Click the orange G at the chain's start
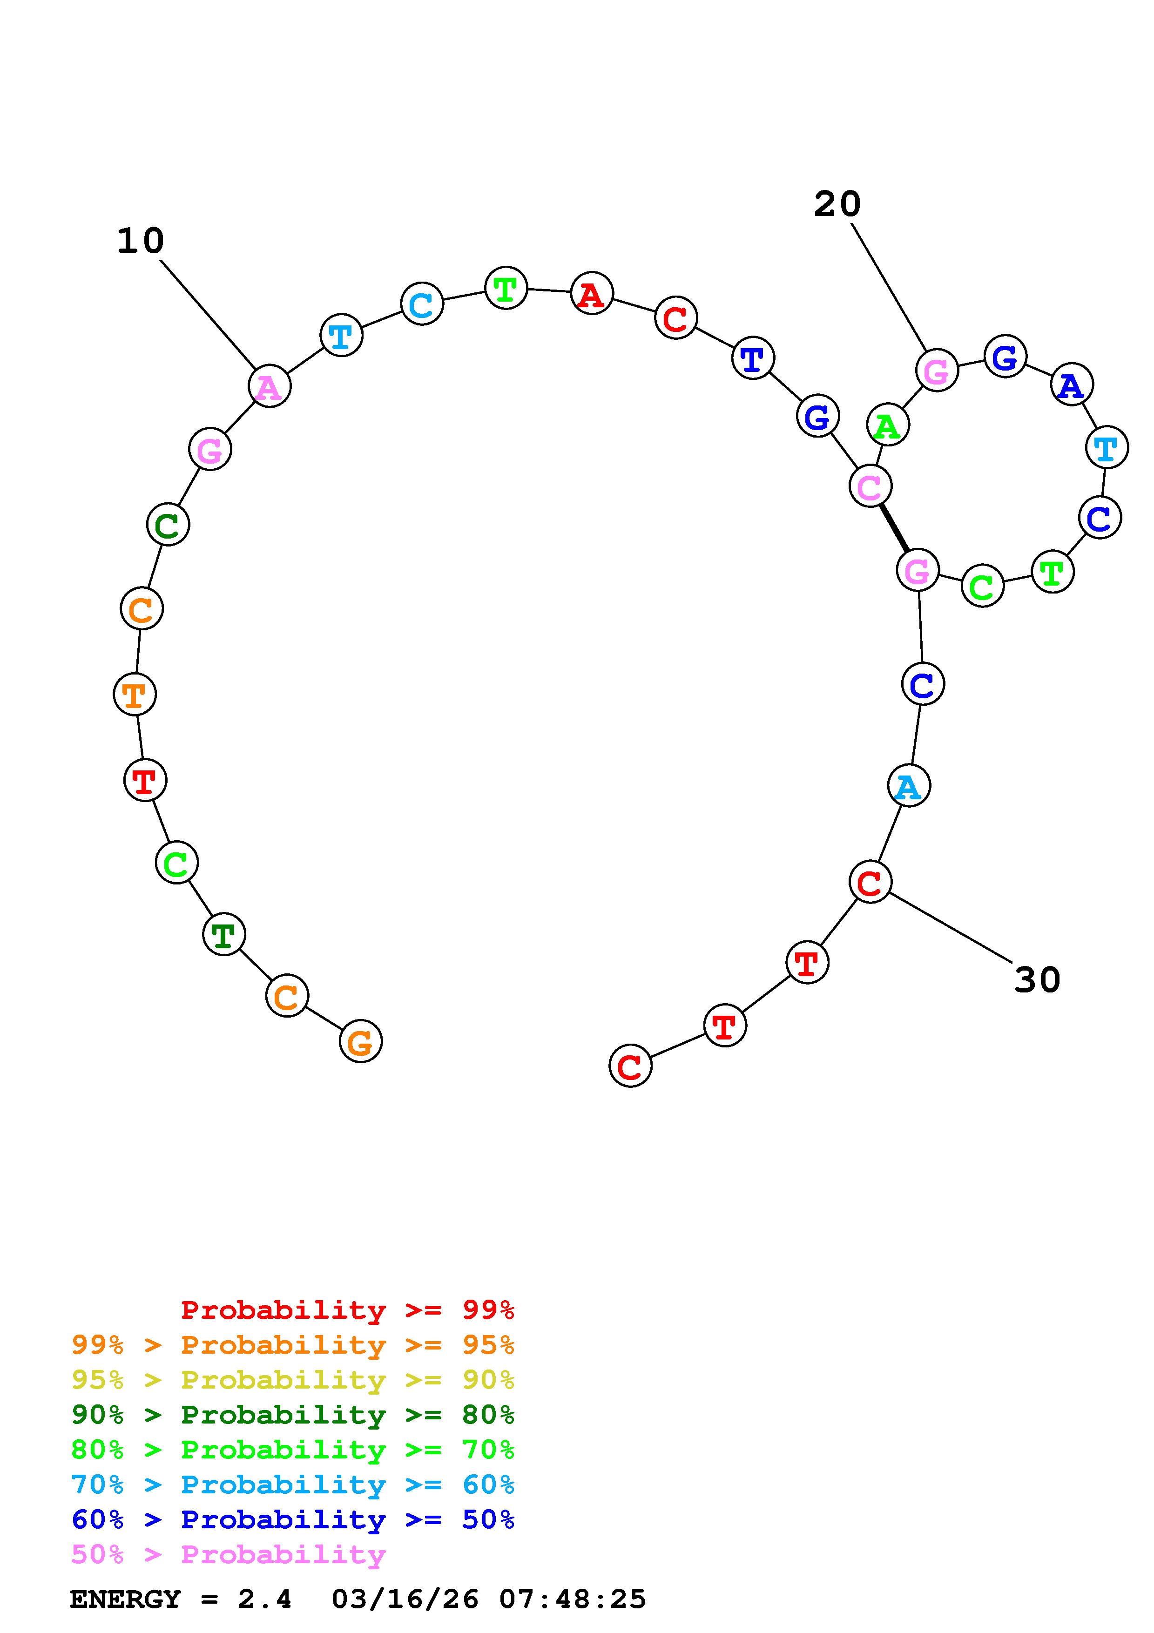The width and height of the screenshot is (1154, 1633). [360, 1041]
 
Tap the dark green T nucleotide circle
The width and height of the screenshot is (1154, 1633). [224, 935]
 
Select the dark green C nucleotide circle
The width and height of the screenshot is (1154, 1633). [168, 525]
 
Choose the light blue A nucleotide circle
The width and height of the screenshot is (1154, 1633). [909, 786]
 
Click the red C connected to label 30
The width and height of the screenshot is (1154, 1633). [870, 882]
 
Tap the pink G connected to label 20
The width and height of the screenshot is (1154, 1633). [937, 370]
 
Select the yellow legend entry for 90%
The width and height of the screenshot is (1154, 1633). [293, 1380]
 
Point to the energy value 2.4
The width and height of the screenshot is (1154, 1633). [264, 1599]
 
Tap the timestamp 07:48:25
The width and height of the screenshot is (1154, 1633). [573, 1599]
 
